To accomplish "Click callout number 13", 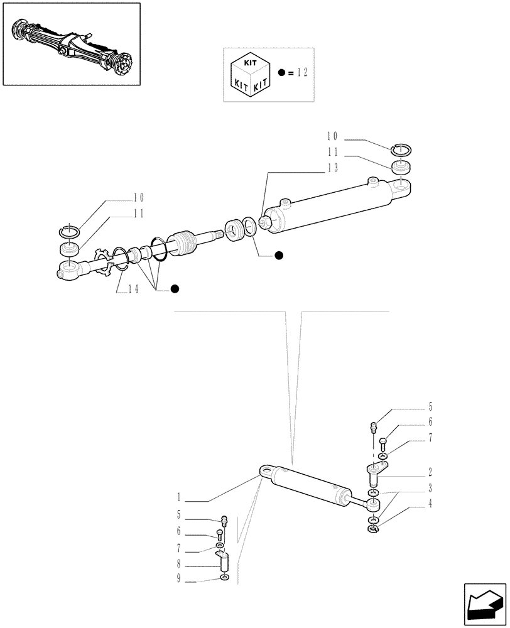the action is [x=332, y=168].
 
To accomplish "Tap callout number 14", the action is [x=133, y=289].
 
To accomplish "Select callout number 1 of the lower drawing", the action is [x=179, y=499].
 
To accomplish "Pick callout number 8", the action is [x=179, y=565].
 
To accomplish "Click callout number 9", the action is [x=179, y=579].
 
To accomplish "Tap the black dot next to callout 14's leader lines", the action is [x=175, y=288].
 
